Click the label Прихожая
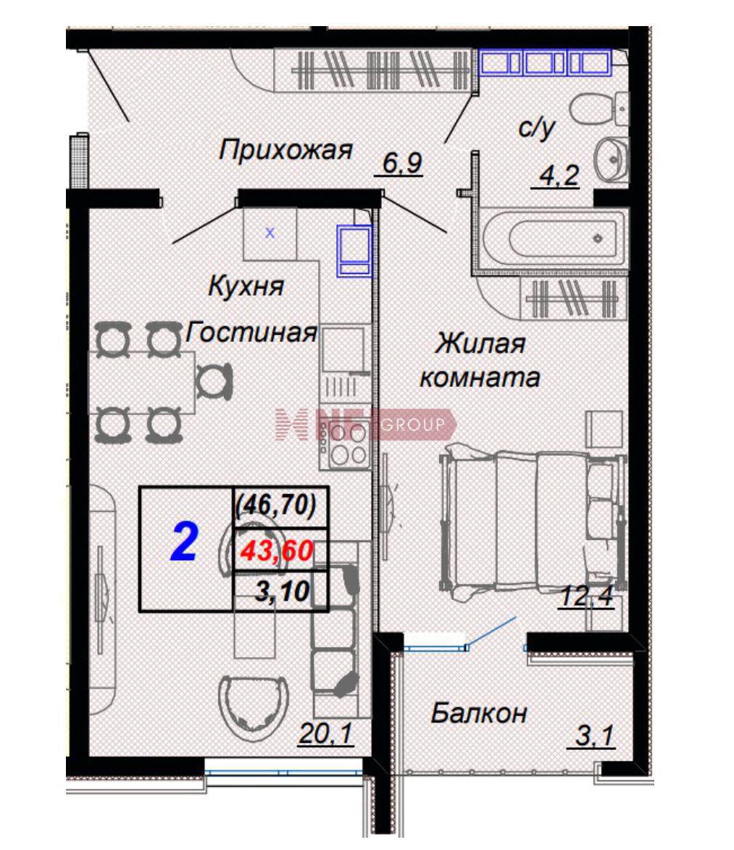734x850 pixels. point(285,150)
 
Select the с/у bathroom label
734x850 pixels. point(537,128)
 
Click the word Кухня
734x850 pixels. point(246,286)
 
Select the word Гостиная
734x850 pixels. point(251,332)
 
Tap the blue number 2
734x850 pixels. point(184,543)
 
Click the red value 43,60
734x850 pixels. point(277,551)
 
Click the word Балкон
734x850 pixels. point(479,713)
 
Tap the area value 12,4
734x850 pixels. point(587,596)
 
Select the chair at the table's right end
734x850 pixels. point(214,382)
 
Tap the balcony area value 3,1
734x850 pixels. point(593,736)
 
